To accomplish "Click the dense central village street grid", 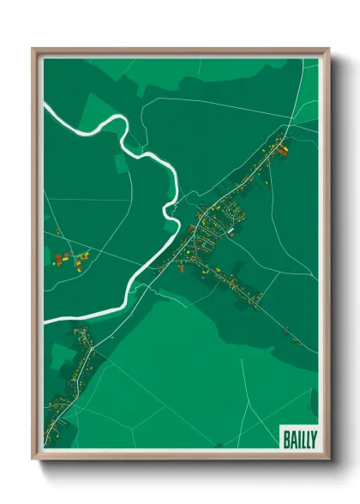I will pyautogui.click(x=210, y=227).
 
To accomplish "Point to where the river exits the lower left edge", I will pyautogui.click(x=46, y=318).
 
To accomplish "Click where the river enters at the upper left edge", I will pyautogui.click(x=46, y=105).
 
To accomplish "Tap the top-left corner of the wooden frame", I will pyautogui.click(x=34, y=50).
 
